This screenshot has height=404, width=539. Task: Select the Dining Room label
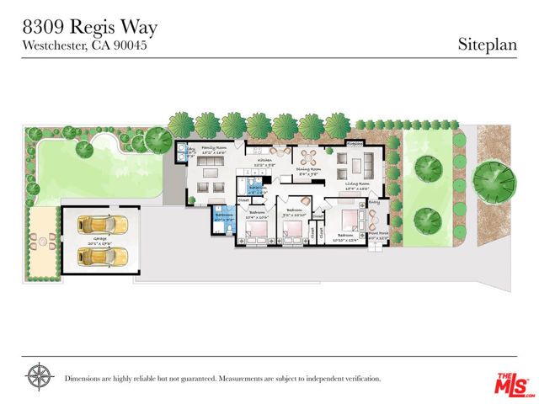pyautogui.click(x=308, y=172)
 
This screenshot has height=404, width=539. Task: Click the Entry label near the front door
pyautogui.click(x=373, y=203)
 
